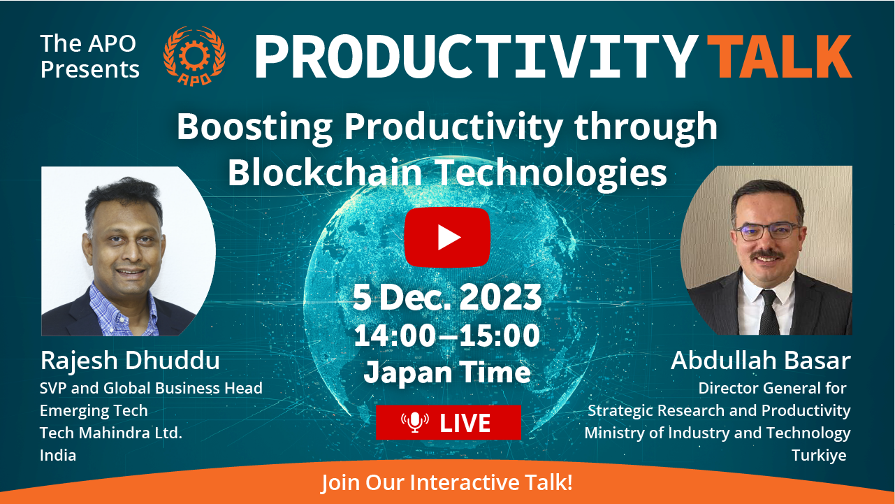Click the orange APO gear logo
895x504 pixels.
click(x=195, y=56)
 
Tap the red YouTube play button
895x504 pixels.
click(x=447, y=237)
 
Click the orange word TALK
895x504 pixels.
click(x=780, y=57)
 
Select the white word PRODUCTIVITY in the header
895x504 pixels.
click(x=476, y=57)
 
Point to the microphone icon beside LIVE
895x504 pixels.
click(x=415, y=422)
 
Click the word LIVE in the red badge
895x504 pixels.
click(x=465, y=423)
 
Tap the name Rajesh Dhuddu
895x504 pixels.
click(x=130, y=361)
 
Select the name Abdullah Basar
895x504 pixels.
click(x=761, y=361)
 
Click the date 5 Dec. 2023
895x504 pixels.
click(x=447, y=297)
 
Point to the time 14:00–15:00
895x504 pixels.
click(x=447, y=336)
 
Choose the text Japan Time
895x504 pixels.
click(x=447, y=372)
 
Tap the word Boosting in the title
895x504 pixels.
click(x=255, y=127)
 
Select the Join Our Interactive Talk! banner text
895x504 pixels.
click(x=447, y=482)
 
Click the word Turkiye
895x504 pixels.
click(x=819, y=455)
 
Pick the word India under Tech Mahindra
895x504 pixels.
click(x=58, y=455)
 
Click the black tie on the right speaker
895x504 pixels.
click(x=769, y=312)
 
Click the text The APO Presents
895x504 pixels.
click(x=90, y=56)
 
